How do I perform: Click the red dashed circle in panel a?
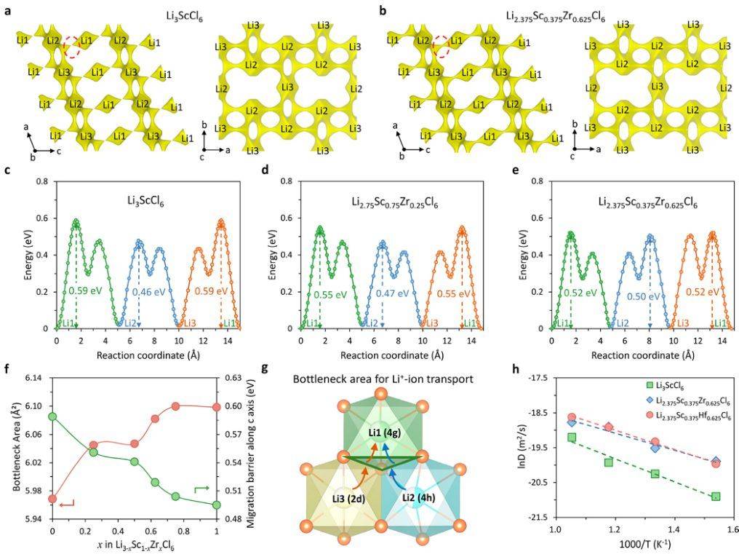[71, 48]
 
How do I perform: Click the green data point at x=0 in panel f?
[52, 416]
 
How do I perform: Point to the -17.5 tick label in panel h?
[535, 379]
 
